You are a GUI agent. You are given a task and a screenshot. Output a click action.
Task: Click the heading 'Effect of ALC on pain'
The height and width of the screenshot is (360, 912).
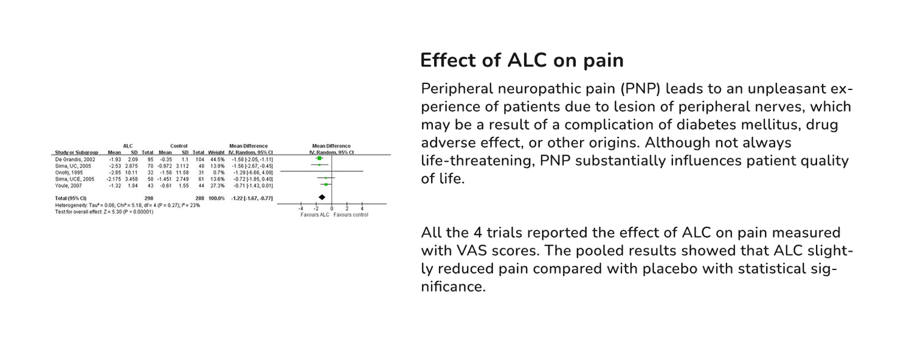[x=522, y=61]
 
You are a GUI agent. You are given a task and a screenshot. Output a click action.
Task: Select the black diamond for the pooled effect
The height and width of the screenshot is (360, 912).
[x=322, y=198]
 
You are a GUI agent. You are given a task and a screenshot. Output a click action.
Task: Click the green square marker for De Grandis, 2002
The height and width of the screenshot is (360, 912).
[x=319, y=158]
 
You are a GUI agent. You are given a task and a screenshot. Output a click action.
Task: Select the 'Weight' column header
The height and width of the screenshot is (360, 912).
[x=216, y=152]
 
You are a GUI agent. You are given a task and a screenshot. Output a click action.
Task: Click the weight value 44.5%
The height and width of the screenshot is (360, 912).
[x=218, y=158]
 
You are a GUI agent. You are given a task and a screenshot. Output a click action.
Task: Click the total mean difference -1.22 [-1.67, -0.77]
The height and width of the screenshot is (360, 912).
[x=250, y=198]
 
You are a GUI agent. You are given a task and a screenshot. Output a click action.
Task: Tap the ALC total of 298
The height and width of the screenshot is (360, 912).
[x=147, y=198]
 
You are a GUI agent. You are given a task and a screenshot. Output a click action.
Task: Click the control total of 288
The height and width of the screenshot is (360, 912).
[x=198, y=198]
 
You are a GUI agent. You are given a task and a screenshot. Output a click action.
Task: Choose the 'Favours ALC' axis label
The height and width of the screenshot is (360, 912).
[x=314, y=215]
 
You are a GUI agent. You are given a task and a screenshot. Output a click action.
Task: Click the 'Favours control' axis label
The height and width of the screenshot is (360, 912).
[x=351, y=215]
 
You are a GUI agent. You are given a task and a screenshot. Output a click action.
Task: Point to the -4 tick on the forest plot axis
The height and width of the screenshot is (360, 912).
[x=300, y=209]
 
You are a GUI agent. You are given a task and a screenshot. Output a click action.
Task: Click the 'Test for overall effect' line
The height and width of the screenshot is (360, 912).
[x=104, y=212]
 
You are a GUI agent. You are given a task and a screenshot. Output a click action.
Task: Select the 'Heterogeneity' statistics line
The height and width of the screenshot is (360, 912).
[x=127, y=206]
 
